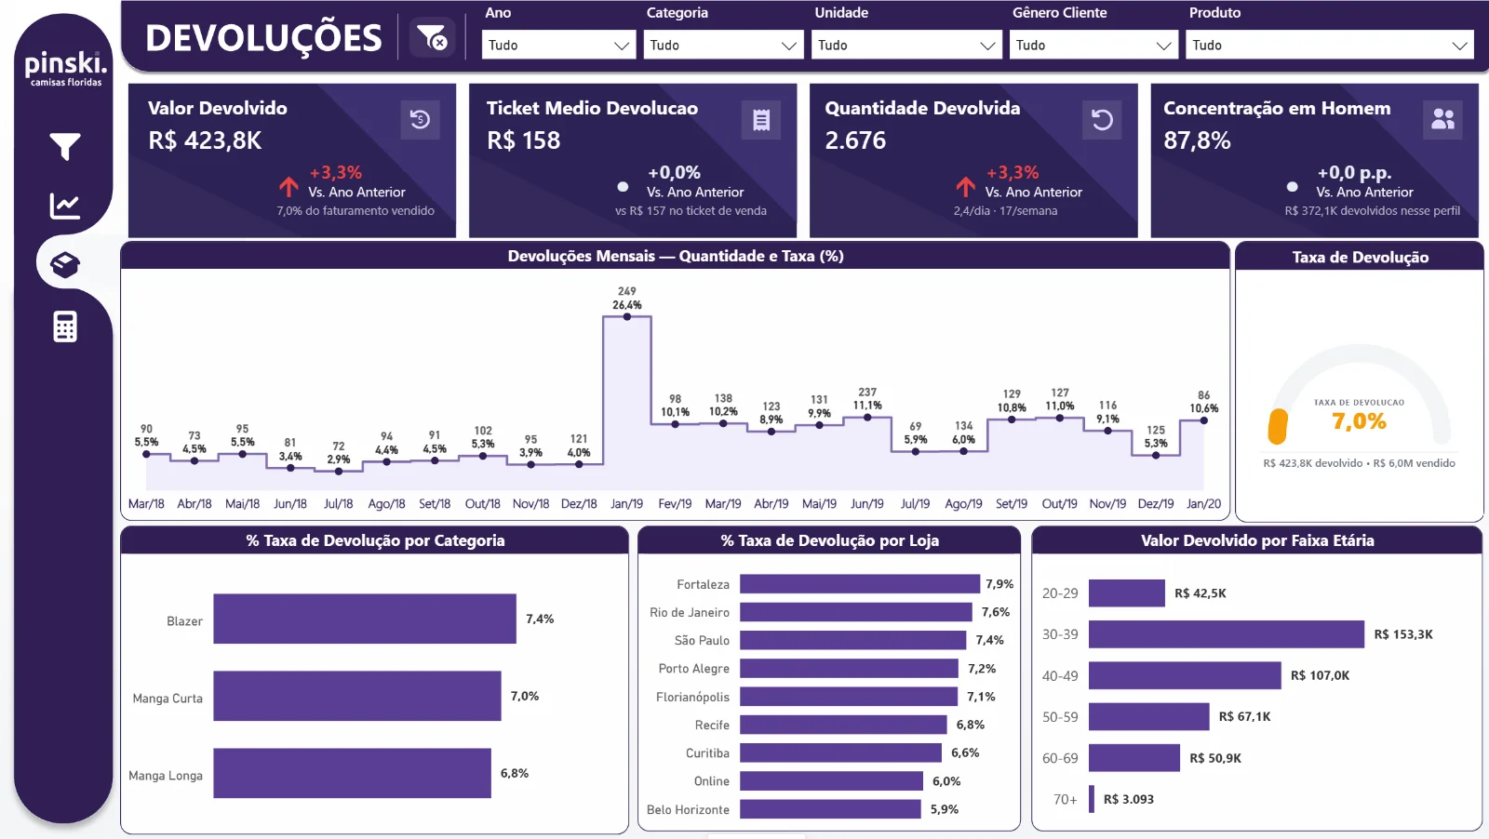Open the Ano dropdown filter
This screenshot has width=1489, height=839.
pyautogui.click(x=557, y=45)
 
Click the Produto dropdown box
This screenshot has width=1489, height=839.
pyautogui.click(x=1329, y=45)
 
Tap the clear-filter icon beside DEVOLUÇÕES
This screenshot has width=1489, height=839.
pyautogui.click(x=432, y=38)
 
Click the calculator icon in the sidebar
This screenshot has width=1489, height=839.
pyautogui.click(x=64, y=326)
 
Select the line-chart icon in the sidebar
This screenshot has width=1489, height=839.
pyautogui.click(x=64, y=206)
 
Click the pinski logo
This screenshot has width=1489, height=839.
pyautogui.click(x=66, y=68)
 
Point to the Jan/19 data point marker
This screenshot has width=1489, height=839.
pyautogui.click(x=627, y=317)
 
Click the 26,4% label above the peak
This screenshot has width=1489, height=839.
pyautogui.click(x=627, y=305)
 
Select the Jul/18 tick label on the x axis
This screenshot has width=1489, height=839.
pyautogui.click(x=339, y=503)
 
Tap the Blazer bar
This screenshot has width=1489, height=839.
pyautogui.click(x=364, y=619)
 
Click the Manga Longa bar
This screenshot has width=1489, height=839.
pyautogui.click(x=352, y=773)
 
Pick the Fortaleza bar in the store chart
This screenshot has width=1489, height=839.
pyautogui.click(x=860, y=584)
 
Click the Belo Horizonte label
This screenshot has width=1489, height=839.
pyautogui.click(x=688, y=809)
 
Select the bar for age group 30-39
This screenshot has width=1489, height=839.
pyautogui.click(x=1226, y=634)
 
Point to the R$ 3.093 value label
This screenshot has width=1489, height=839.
pyautogui.click(x=1129, y=799)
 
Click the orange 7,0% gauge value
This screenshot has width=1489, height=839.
pyautogui.click(x=1359, y=421)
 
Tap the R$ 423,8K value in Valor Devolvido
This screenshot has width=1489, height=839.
pyautogui.click(x=205, y=140)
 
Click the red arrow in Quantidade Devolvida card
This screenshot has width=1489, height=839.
pyautogui.click(x=965, y=187)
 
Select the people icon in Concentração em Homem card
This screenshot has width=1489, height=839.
pyautogui.click(x=1442, y=120)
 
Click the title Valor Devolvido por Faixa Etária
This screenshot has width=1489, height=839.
pyautogui.click(x=1257, y=540)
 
